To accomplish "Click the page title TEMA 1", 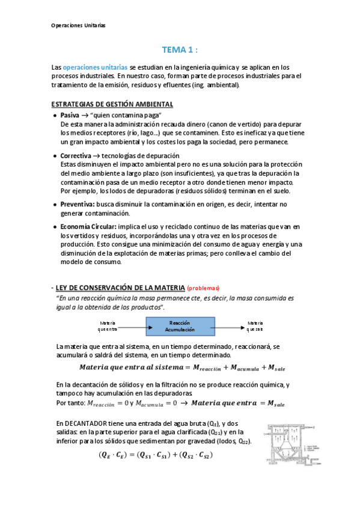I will point(180,50).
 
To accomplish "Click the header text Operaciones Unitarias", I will point(79,26).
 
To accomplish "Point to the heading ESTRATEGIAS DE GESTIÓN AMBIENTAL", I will point(113,104).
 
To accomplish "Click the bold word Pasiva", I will point(70,115).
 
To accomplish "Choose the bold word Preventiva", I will point(78,204).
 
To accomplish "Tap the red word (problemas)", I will point(204,288).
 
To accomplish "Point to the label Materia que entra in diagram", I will point(108,327).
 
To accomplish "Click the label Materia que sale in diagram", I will point(255,327).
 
